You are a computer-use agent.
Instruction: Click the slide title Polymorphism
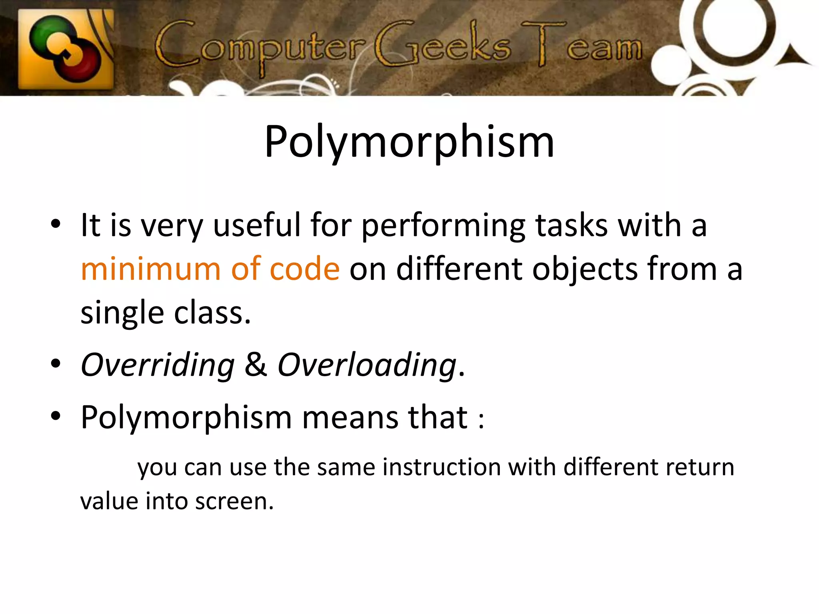[409, 142]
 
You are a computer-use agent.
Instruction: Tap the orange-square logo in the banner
[66, 49]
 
